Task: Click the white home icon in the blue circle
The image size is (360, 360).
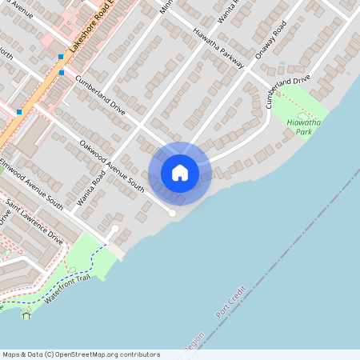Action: (180, 173)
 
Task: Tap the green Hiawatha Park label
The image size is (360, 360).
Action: (303, 127)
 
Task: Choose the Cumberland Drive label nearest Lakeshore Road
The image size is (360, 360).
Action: (101, 93)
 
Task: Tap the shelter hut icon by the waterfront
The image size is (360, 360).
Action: (26, 314)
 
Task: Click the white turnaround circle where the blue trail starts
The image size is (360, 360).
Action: (114, 230)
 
